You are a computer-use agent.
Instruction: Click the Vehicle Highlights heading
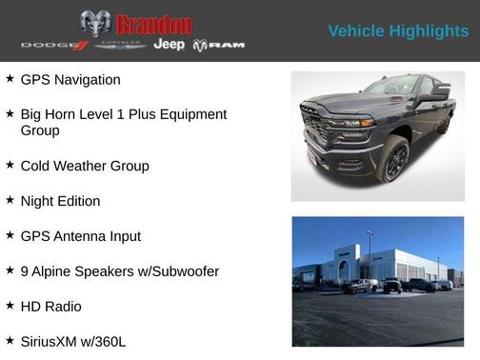[x=398, y=31]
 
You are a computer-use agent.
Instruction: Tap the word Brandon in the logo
[x=153, y=25]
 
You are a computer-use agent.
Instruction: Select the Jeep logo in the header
[x=170, y=45]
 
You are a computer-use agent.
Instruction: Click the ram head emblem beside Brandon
[x=95, y=24]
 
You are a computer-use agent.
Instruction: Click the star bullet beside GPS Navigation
[x=10, y=78]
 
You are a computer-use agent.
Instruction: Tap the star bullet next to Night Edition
[x=10, y=200]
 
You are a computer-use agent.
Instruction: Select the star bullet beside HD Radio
[x=10, y=305]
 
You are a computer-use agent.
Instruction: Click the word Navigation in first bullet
[x=88, y=80]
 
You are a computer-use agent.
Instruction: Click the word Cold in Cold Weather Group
[x=37, y=166]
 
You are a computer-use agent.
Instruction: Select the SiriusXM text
[x=52, y=340]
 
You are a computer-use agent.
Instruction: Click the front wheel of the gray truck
[x=392, y=159]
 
